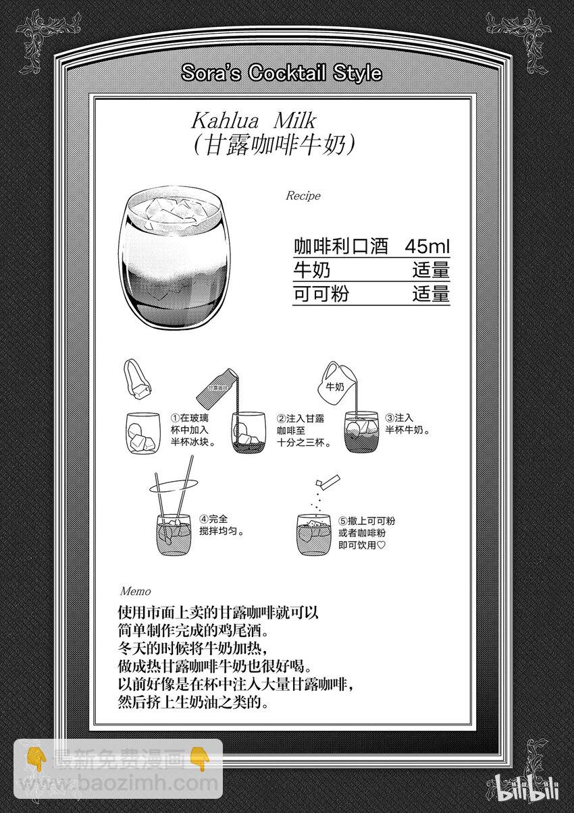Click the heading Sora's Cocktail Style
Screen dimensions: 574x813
coord(282,74)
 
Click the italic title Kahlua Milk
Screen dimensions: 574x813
coord(254,121)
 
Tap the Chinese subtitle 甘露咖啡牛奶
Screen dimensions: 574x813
coord(274,145)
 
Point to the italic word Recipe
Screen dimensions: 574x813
coord(303,196)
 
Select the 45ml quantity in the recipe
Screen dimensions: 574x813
coord(427,246)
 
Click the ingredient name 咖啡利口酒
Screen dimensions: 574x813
coord(341,246)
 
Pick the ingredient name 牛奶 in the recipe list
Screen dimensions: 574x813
coord(312,271)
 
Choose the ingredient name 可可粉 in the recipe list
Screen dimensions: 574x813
coord(321,294)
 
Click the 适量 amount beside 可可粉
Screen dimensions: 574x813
coord(432,294)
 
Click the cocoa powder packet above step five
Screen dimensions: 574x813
coord(328,480)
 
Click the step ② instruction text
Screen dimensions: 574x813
coord(303,430)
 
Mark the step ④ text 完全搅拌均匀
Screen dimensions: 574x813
coord(221,524)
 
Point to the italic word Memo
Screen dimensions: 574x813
coord(135,591)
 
